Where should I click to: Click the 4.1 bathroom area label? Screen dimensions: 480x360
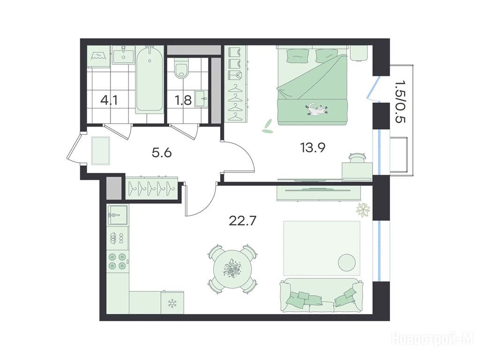coord(109,100)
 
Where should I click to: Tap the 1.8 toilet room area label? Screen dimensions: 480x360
coord(184,100)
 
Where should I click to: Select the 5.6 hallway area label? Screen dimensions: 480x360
coord(162,152)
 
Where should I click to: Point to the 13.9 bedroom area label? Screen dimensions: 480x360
coord(313,148)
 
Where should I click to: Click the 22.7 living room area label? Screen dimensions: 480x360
coord(242,220)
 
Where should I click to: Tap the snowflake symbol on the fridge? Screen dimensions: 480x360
coord(172,304)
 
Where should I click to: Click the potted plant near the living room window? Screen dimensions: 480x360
coord(363,210)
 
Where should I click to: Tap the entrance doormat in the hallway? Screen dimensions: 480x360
coord(101,150)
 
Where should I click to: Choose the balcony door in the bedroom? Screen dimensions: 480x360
coord(373,89)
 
